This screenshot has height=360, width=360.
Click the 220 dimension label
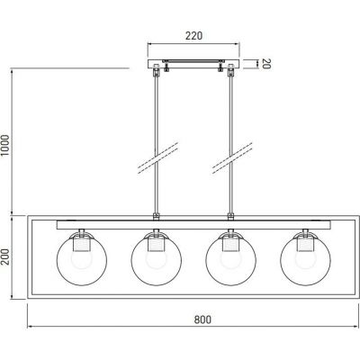pos(193,36)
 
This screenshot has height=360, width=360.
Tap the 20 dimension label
pos(266,64)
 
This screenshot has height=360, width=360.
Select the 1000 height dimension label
pos(5,146)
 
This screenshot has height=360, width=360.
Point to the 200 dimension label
pos(5,256)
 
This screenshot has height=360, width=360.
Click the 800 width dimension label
pos(202,319)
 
